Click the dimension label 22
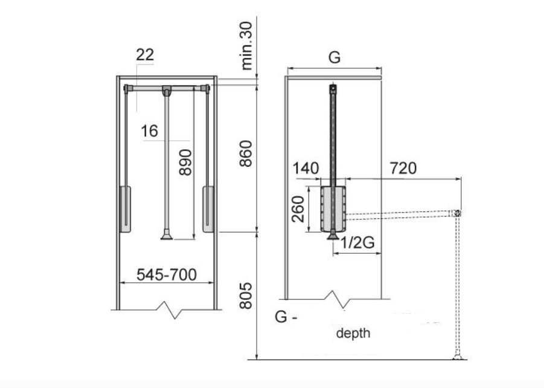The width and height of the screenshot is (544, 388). (x=145, y=55)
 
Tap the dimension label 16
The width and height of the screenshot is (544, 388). (x=150, y=131)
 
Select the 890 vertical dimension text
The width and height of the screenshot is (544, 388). (x=185, y=162)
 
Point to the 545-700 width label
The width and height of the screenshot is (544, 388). (x=167, y=274)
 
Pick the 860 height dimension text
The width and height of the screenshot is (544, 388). (x=246, y=154)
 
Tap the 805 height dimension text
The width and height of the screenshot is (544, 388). (x=246, y=296)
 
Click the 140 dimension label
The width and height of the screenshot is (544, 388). (x=306, y=169)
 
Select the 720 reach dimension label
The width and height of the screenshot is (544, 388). (x=403, y=168)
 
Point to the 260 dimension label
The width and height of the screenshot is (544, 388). (x=298, y=209)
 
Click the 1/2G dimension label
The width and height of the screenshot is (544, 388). (x=357, y=243)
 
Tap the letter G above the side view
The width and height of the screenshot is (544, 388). (x=334, y=57)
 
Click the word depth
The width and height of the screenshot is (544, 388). (x=353, y=333)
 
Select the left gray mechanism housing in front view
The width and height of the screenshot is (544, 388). (x=125, y=209)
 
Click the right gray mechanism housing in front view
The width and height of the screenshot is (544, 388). (x=208, y=209)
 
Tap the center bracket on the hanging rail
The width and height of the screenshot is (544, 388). (x=167, y=90)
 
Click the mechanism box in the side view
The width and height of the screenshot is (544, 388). (x=333, y=209)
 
